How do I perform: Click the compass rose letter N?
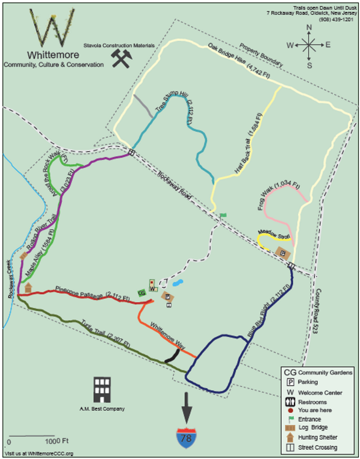[x=309, y=27]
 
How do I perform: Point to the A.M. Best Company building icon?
[x=102, y=390]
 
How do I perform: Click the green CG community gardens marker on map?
[x=141, y=293]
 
